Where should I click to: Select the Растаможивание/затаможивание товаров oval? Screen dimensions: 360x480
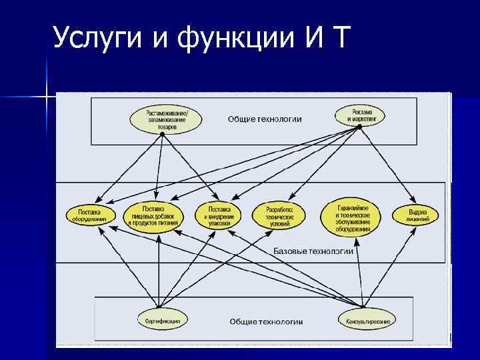[163, 118]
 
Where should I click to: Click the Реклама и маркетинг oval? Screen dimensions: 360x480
[359, 115]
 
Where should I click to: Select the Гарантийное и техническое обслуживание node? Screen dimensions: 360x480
[353, 215]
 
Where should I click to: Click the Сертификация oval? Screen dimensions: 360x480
[163, 321]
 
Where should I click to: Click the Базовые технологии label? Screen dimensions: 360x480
[313, 251]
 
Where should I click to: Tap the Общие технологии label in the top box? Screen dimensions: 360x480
[265, 119]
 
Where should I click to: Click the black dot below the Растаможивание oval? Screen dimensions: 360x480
[163, 134]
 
